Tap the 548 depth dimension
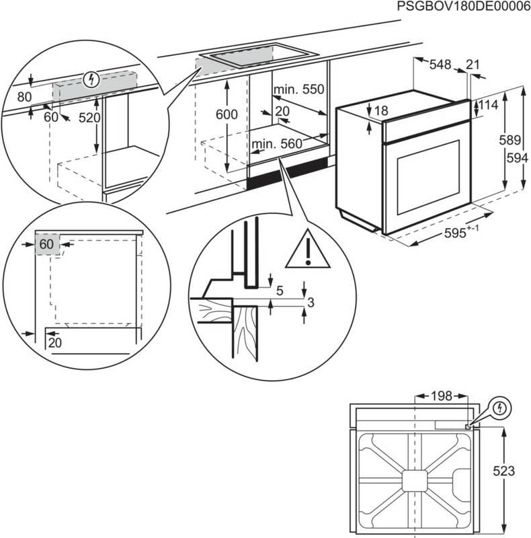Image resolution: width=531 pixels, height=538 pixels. (x=440, y=65)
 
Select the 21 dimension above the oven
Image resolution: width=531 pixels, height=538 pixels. (x=473, y=65)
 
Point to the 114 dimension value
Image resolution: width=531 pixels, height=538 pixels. (x=488, y=106)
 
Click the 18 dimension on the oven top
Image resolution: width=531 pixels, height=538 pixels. (x=381, y=111)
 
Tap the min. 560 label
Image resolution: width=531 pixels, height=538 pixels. (x=277, y=143)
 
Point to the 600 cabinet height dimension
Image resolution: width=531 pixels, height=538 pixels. (x=227, y=115)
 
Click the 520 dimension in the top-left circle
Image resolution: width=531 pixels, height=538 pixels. (x=89, y=117)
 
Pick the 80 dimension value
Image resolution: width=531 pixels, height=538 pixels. (x=24, y=97)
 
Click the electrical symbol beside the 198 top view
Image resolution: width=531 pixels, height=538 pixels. (x=500, y=408)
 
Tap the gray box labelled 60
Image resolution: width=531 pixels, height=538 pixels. (x=46, y=244)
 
